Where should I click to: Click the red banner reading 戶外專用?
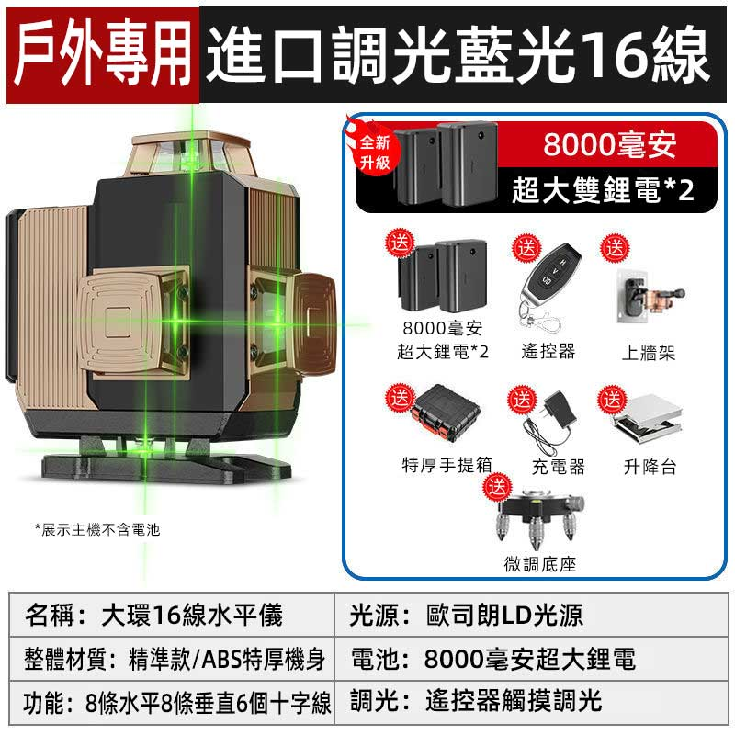(103, 55)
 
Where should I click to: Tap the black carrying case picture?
(445, 413)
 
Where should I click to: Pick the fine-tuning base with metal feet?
(540, 518)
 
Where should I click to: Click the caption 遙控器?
(548, 351)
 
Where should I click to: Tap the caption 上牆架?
(649, 352)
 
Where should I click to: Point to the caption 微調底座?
(540, 563)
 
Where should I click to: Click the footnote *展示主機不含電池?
(97, 530)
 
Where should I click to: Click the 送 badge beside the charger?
(522, 400)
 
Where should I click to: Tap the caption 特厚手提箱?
(447, 465)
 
